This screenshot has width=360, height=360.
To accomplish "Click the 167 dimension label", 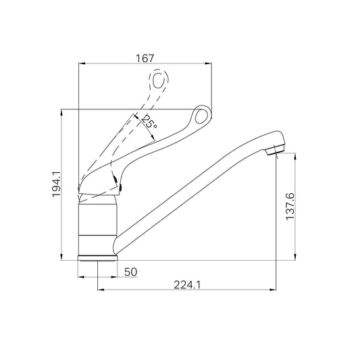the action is pos(145,58).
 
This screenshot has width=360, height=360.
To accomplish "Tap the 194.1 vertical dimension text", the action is pos(56,184).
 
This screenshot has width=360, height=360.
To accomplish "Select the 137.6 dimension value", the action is pos(290,207).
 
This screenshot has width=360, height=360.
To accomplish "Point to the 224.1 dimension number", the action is pos(187,285).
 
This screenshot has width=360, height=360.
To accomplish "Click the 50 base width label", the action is pos(130,272).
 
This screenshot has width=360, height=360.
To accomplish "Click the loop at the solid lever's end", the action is pos(201,115).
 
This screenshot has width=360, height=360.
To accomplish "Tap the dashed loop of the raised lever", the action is pos(159,80).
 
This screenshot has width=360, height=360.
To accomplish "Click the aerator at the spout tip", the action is pos(276,149).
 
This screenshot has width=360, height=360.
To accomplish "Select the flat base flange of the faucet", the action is pos(97,258).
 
